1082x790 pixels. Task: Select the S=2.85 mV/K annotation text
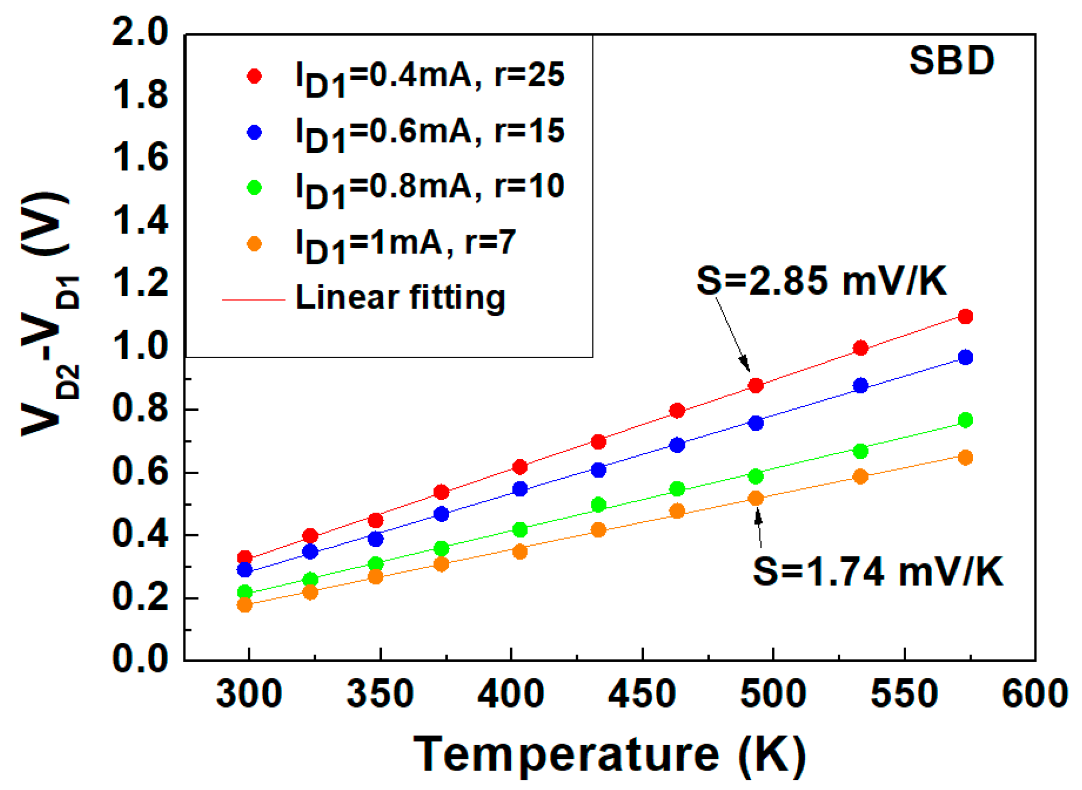tap(821, 281)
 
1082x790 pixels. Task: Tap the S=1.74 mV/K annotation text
tap(877, 571)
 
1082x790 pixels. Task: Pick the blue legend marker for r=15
tap(254, 133)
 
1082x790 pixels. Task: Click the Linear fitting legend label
tap(400, 298)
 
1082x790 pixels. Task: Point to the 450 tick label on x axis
tap(642, 694)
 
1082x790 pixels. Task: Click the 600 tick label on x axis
tap(1034, 694)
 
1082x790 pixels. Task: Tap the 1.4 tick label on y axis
tap(140, 221)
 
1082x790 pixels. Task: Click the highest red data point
tap(965, 317)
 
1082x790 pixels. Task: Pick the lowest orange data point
tap(245, 605)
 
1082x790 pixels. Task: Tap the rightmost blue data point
tap(965, 358)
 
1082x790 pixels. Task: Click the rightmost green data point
tap(965, 420)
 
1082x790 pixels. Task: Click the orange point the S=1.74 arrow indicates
tap(755, 498)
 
